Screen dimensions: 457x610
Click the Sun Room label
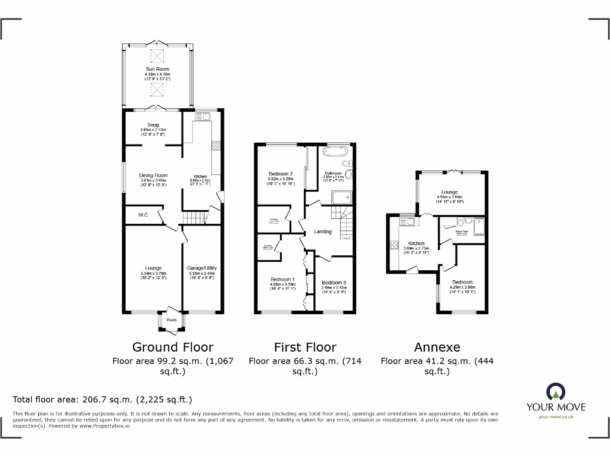157,70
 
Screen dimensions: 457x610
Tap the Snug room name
153,125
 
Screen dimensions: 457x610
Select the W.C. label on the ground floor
143,215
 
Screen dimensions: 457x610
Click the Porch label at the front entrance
172,320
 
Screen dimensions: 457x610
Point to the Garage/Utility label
200,268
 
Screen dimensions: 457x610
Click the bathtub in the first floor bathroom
337,151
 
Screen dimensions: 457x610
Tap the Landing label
323,231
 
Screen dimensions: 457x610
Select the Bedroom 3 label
334,283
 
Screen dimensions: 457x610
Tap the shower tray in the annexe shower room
479,224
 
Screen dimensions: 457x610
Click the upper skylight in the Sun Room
157,57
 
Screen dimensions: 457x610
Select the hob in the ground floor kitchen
215,145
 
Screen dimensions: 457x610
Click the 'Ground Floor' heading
172,347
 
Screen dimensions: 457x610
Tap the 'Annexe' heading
437,347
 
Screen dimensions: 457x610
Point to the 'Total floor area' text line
102,399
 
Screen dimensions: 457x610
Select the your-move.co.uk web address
555,417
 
